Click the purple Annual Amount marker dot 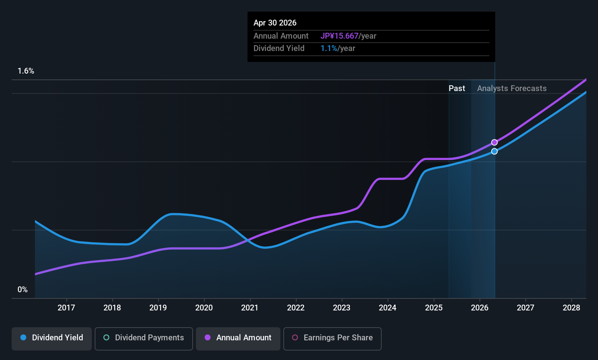tap(494, 142)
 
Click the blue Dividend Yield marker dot tap(494, 151)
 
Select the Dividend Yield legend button tap(52, 338)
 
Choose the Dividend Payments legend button tap(144, 338)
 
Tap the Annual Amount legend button tap(238, 338)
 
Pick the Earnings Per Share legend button tap(332, 338)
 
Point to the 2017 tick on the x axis tap(66, 308)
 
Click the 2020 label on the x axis tap(204, 308)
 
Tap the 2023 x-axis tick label tap(342, 308)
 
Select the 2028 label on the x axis tap(571, 308)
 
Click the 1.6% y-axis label tap(26, 71)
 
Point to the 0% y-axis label tap(23, 290)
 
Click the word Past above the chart tap(457, 89)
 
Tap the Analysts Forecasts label tap(512, 89)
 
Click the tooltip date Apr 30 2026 tap(275, 23)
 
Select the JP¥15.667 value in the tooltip tap(339, 36)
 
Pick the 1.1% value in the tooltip tap(329, 48)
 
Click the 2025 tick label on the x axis tap(434, 308)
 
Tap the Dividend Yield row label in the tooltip tap(279, 48)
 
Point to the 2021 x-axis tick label tap(250, 308)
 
